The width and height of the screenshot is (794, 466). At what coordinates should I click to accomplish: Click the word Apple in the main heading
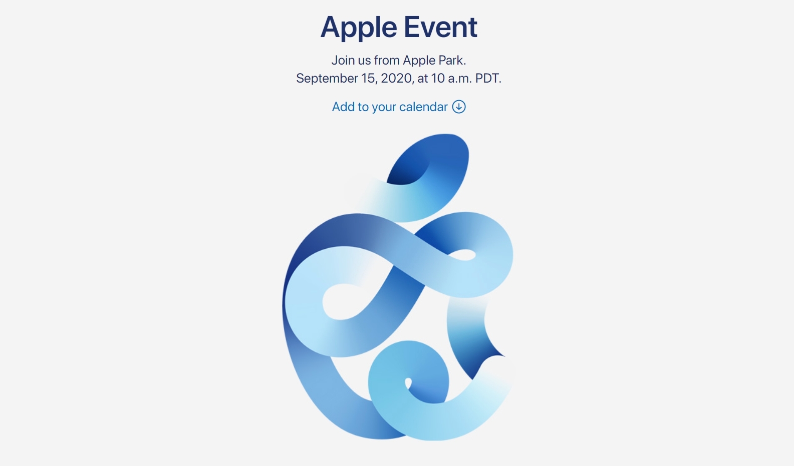pos(358,27)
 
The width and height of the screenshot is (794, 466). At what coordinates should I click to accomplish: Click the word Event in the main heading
pos(441,27)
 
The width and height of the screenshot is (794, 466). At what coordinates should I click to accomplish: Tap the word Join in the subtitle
pos(343,60)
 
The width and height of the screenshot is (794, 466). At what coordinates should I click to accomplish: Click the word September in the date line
pos(327,78)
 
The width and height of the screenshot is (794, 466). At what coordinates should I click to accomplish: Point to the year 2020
pos(397,78)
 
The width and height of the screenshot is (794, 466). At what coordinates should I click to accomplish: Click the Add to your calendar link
pos(399,107)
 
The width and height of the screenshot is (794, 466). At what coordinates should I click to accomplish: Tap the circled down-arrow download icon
pos(459,107)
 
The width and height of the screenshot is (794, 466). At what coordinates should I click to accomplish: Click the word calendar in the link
pos(423,107)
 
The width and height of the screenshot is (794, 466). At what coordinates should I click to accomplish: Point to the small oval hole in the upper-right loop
pos(462,255)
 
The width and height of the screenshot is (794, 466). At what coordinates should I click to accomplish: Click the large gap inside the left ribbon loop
pos(346,301)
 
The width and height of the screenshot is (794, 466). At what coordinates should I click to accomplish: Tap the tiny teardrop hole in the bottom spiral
pos(408,383)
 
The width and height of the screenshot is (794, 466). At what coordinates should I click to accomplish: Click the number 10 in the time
pos(438,78)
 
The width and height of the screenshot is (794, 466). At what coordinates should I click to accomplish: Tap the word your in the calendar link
pos(384,107)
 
